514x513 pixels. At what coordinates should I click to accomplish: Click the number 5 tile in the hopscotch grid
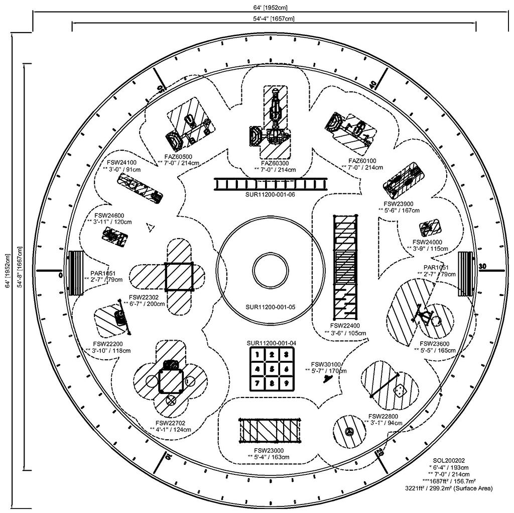272,369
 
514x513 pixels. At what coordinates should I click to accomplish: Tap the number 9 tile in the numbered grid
286,383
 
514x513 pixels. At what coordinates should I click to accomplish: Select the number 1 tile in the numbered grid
258,354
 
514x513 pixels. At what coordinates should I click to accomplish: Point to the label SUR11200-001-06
270,194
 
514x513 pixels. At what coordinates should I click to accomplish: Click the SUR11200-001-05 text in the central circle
271,307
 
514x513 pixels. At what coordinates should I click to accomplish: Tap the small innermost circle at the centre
271,271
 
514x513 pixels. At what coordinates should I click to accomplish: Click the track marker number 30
482,266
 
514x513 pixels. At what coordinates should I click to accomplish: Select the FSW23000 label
269,451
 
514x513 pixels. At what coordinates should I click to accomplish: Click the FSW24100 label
121,162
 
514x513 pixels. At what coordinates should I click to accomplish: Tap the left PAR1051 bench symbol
76,273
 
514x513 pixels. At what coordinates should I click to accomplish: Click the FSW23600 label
435,344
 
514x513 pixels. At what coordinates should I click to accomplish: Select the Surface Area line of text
449,488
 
